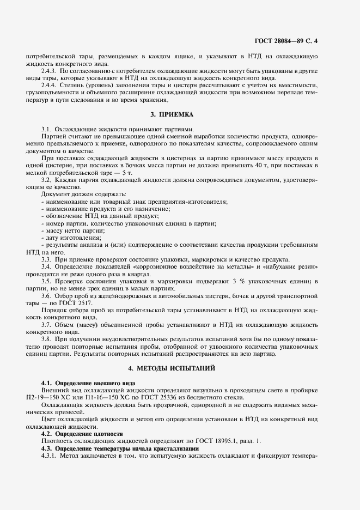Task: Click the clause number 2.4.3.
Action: tap(49, 71)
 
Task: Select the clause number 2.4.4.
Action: tap(49, 86)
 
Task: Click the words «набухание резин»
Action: tap(291, 267)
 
